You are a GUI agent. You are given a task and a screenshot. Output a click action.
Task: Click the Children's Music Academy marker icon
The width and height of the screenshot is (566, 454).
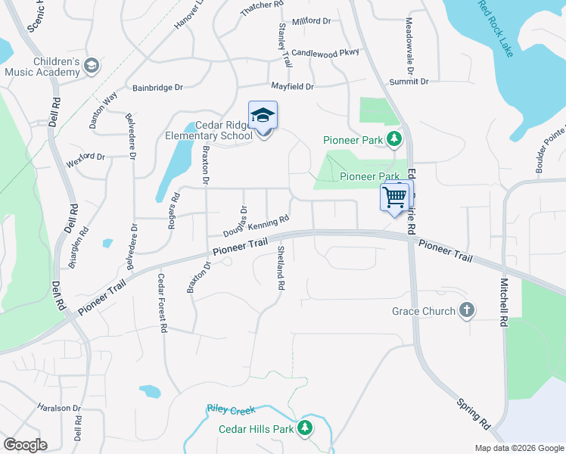point(92,66)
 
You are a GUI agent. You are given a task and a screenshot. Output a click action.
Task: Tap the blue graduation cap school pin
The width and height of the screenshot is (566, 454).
point(263,116)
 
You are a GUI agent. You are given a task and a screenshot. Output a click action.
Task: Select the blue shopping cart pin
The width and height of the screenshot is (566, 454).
point(394,198)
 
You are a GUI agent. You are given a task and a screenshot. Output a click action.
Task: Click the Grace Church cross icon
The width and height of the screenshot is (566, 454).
point(467,310)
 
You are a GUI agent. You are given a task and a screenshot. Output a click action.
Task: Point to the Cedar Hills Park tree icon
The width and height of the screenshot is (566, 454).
point(305,428)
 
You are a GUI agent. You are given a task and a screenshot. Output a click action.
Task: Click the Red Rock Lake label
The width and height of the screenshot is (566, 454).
point(496,29)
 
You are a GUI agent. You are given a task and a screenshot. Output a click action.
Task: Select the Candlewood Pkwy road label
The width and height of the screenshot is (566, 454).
point(326,53)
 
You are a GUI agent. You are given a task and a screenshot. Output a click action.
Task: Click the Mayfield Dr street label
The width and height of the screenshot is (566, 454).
point(292,87)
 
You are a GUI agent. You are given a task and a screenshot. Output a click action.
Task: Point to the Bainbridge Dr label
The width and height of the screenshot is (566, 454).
point(158,88)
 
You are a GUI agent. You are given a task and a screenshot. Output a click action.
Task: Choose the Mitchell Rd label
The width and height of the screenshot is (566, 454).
point(502,302)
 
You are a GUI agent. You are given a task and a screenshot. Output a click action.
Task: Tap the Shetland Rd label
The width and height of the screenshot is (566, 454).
point(281,269)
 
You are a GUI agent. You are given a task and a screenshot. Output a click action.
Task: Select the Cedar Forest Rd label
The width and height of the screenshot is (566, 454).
point(161,303)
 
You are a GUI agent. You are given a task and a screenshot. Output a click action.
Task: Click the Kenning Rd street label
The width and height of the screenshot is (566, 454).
point(269,223)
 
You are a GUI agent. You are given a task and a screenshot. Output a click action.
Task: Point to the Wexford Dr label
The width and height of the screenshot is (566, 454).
point(85,157)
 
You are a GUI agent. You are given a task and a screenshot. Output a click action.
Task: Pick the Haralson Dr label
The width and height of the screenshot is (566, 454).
point(59,408)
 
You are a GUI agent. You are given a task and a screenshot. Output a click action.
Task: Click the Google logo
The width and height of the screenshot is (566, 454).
point(25,445)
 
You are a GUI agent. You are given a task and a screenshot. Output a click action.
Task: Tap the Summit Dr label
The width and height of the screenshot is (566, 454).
point(409,82)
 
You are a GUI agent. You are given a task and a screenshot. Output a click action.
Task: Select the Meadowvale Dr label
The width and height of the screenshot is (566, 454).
point(409,41)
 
